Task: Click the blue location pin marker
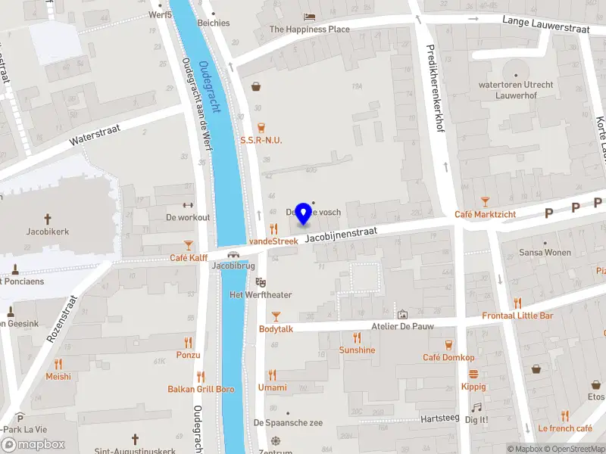304,213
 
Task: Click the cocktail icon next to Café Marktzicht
485,202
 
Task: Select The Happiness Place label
310,30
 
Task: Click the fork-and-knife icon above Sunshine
356,337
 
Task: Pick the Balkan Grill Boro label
201,389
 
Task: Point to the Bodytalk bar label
276,329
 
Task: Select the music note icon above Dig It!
476,407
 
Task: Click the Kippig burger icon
473,374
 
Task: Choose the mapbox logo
33,444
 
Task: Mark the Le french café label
564,428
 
